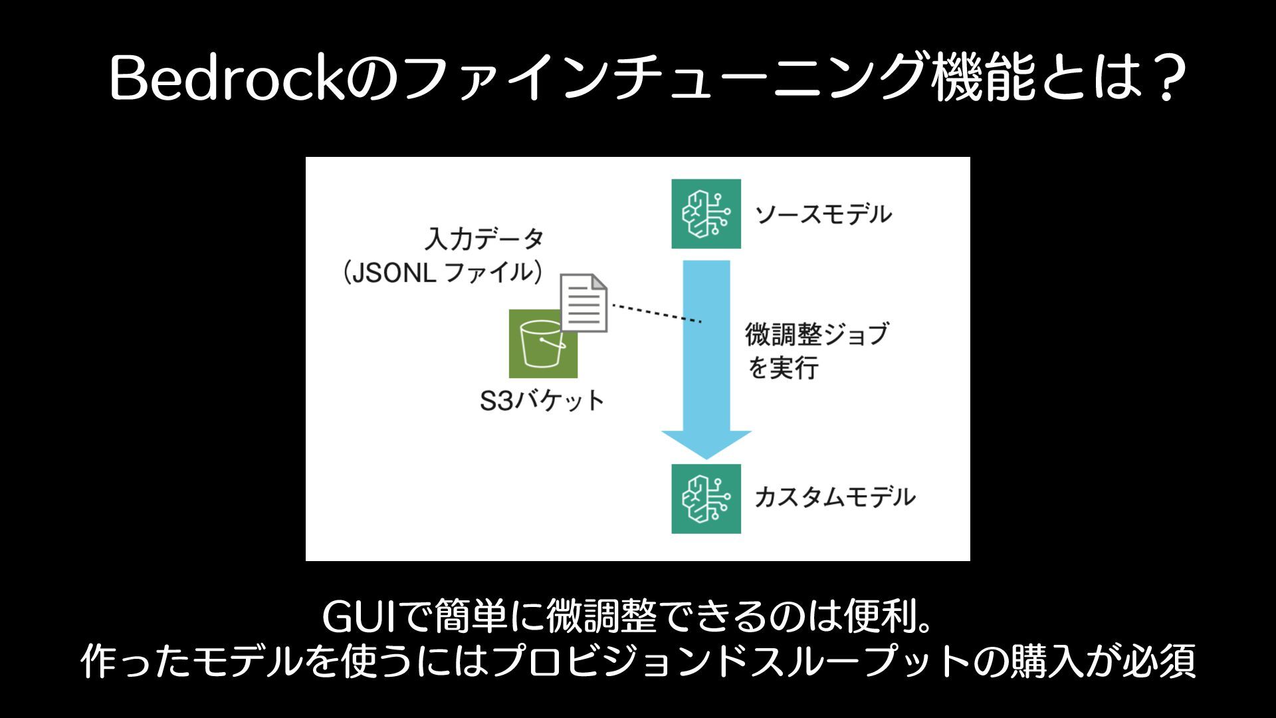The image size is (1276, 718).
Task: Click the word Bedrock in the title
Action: pyautogui.click(x=227, y=79)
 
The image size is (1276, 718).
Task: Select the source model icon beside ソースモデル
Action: pyautogui.click(x=706, y=214)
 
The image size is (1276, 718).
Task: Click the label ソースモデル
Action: pyautogui.click(x=823, y=215)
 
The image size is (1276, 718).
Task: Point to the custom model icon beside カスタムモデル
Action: pyautogui.click(x=706, y=499)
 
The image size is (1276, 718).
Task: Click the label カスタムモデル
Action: pyautogui.click(x=835, y=497)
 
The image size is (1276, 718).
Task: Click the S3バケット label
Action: pyautogui.click(x=542, y=401)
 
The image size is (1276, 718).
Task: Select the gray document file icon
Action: pyautogui.click(x=584, y=302)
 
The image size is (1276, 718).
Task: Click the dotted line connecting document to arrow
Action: pyautogui.click(x=656, y=313)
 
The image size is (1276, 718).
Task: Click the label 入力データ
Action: pyautogui.click(x=484, y=239)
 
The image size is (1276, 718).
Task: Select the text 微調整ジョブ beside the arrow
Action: pyautogui.click(x=816, y=334)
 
